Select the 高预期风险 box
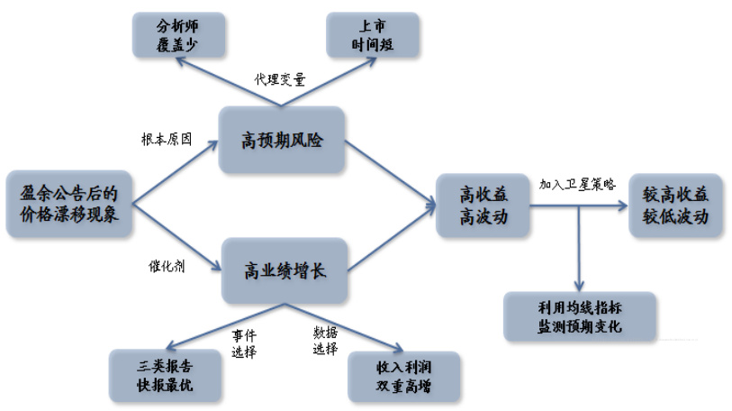(282, 140)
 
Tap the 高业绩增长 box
(284, 269)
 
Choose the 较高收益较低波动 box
(675, 205)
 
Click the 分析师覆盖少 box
(178, 34)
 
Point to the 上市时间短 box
(371, 34)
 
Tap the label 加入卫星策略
(577, 184)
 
